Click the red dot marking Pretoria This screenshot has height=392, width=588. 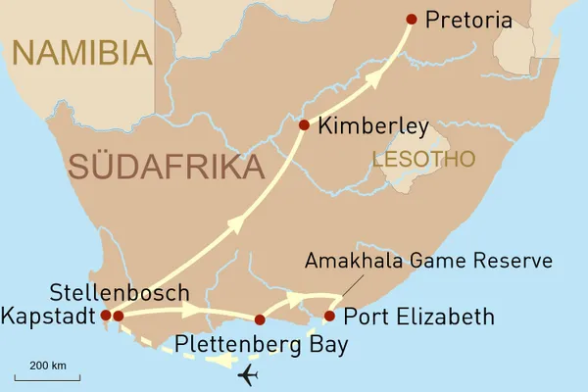pos(412,20)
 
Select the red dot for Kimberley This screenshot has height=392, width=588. pos(304,124)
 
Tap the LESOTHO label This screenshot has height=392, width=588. pos(422,158)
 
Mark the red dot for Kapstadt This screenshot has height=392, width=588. pos(105,316)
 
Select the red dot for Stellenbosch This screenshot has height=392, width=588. pos(118,316)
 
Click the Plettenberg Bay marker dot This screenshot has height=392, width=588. pos(260,319)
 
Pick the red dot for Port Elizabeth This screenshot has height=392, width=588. pos(329,316)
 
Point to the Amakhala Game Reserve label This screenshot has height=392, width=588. pos(429,261)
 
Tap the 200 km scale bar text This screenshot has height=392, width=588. pos(47,366)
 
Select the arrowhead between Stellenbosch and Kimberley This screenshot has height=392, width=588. pos(235,224)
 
